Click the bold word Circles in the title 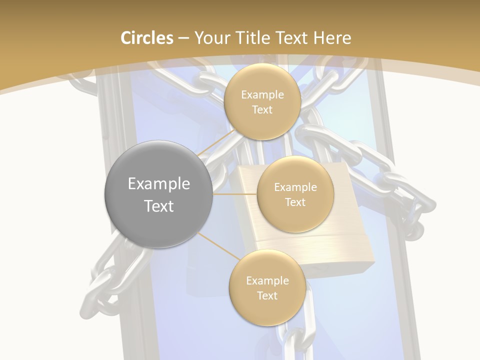click(x=147, y=38)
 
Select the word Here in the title click(x=332, y=38)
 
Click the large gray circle click(x=158, y=194)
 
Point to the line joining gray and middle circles click(x=234, y=193)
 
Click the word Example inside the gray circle click(x=158, y=184)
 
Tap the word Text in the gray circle click(x=158, y=206)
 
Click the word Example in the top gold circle click(x=262, y=95)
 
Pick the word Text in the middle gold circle click(x=295, y=202)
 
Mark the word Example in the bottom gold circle click(x=267, y=280)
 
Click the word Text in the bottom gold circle click(x=267, y=295)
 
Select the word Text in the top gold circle click(x=262, y=109)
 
